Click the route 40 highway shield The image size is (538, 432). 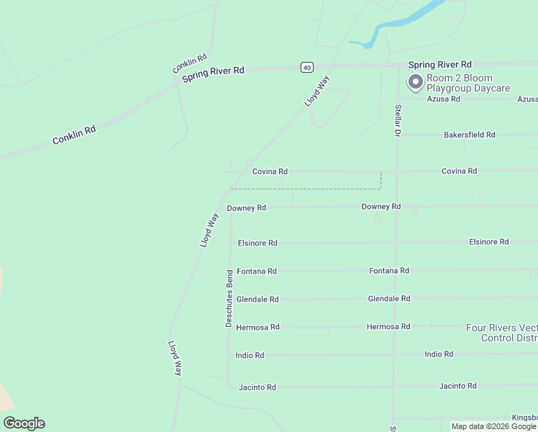click(307, 67)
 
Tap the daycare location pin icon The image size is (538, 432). click(415, 83)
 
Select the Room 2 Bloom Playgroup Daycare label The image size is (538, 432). click(468, 83)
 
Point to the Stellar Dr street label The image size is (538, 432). click(397, 121)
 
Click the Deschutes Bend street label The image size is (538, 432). click(229, 299)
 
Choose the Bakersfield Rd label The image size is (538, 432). click(470, 135)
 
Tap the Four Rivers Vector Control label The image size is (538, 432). click(501, 332)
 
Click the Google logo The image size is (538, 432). click(24, 423)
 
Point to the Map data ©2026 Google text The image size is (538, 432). click(493, 426)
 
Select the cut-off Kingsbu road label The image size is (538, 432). click(524, 418)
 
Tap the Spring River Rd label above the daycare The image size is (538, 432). click(439, 64)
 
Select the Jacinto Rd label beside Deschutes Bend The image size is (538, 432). click(257, 387)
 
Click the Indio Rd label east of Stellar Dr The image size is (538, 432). click(439, 354)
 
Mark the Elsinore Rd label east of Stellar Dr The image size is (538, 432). click(489, 242)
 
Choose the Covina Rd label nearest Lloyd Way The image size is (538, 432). click(270, 171)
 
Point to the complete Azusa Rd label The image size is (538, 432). click(443, 99)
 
